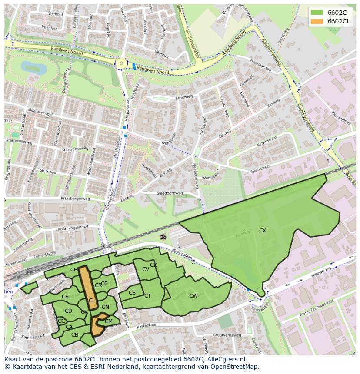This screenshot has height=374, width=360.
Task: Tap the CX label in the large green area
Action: pos(263,231)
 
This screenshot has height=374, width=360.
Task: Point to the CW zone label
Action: pos(193,296)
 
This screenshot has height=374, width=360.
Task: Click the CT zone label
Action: pos(147,296)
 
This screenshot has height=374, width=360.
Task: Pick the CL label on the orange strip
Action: pos(92,300)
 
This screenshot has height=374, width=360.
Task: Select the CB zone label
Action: pos(75,334)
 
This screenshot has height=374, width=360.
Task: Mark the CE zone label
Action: pos(65,297)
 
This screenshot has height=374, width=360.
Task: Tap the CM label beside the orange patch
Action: pos(109,321)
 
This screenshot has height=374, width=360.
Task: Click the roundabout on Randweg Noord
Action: pos(121,64)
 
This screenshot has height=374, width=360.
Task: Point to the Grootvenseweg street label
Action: pos(227,335)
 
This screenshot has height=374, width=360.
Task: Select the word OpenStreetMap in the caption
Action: pos(234,367)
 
